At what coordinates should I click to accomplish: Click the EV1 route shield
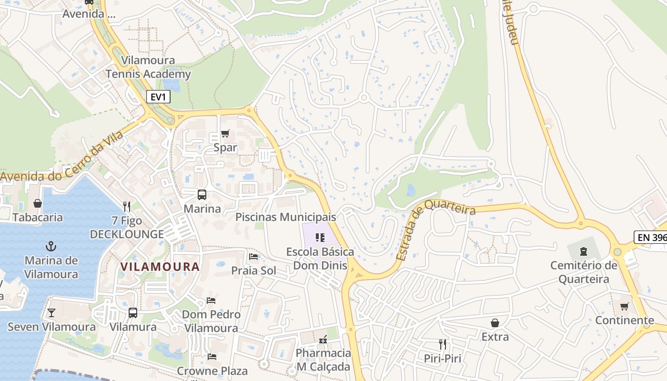[x=158, y=97]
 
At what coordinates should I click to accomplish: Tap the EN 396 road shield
[x=651, y=237]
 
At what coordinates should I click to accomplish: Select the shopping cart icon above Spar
[x=225, y=134]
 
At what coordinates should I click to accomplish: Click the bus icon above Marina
[x=202, y=195]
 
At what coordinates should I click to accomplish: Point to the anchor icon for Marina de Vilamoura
[x=51, y=246]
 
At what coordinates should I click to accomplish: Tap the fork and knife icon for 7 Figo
[x=127, y=206]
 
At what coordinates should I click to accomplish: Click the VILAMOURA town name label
[x=160, y=267]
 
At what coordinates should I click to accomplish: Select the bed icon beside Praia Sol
[x=253, y=257]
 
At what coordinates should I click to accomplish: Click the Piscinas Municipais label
[x=286, y=217]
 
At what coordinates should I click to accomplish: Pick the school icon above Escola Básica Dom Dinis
[x=320, y=237]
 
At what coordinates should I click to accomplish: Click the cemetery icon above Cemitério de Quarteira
[x=583, y=251]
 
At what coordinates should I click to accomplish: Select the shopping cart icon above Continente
[x=624, y=306]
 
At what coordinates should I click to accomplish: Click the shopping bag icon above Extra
[x=495, y=323]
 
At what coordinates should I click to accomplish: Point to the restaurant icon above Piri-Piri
[x=443, y=344]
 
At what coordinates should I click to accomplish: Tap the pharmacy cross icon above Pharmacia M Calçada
[x=323, y=339]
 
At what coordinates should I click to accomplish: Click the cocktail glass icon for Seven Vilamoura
[x=51, y=313]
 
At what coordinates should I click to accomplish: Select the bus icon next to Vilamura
[x=133, y=313]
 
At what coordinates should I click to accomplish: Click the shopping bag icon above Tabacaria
[x=38, y=203]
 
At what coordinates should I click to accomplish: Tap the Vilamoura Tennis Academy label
[x=148, y=67]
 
